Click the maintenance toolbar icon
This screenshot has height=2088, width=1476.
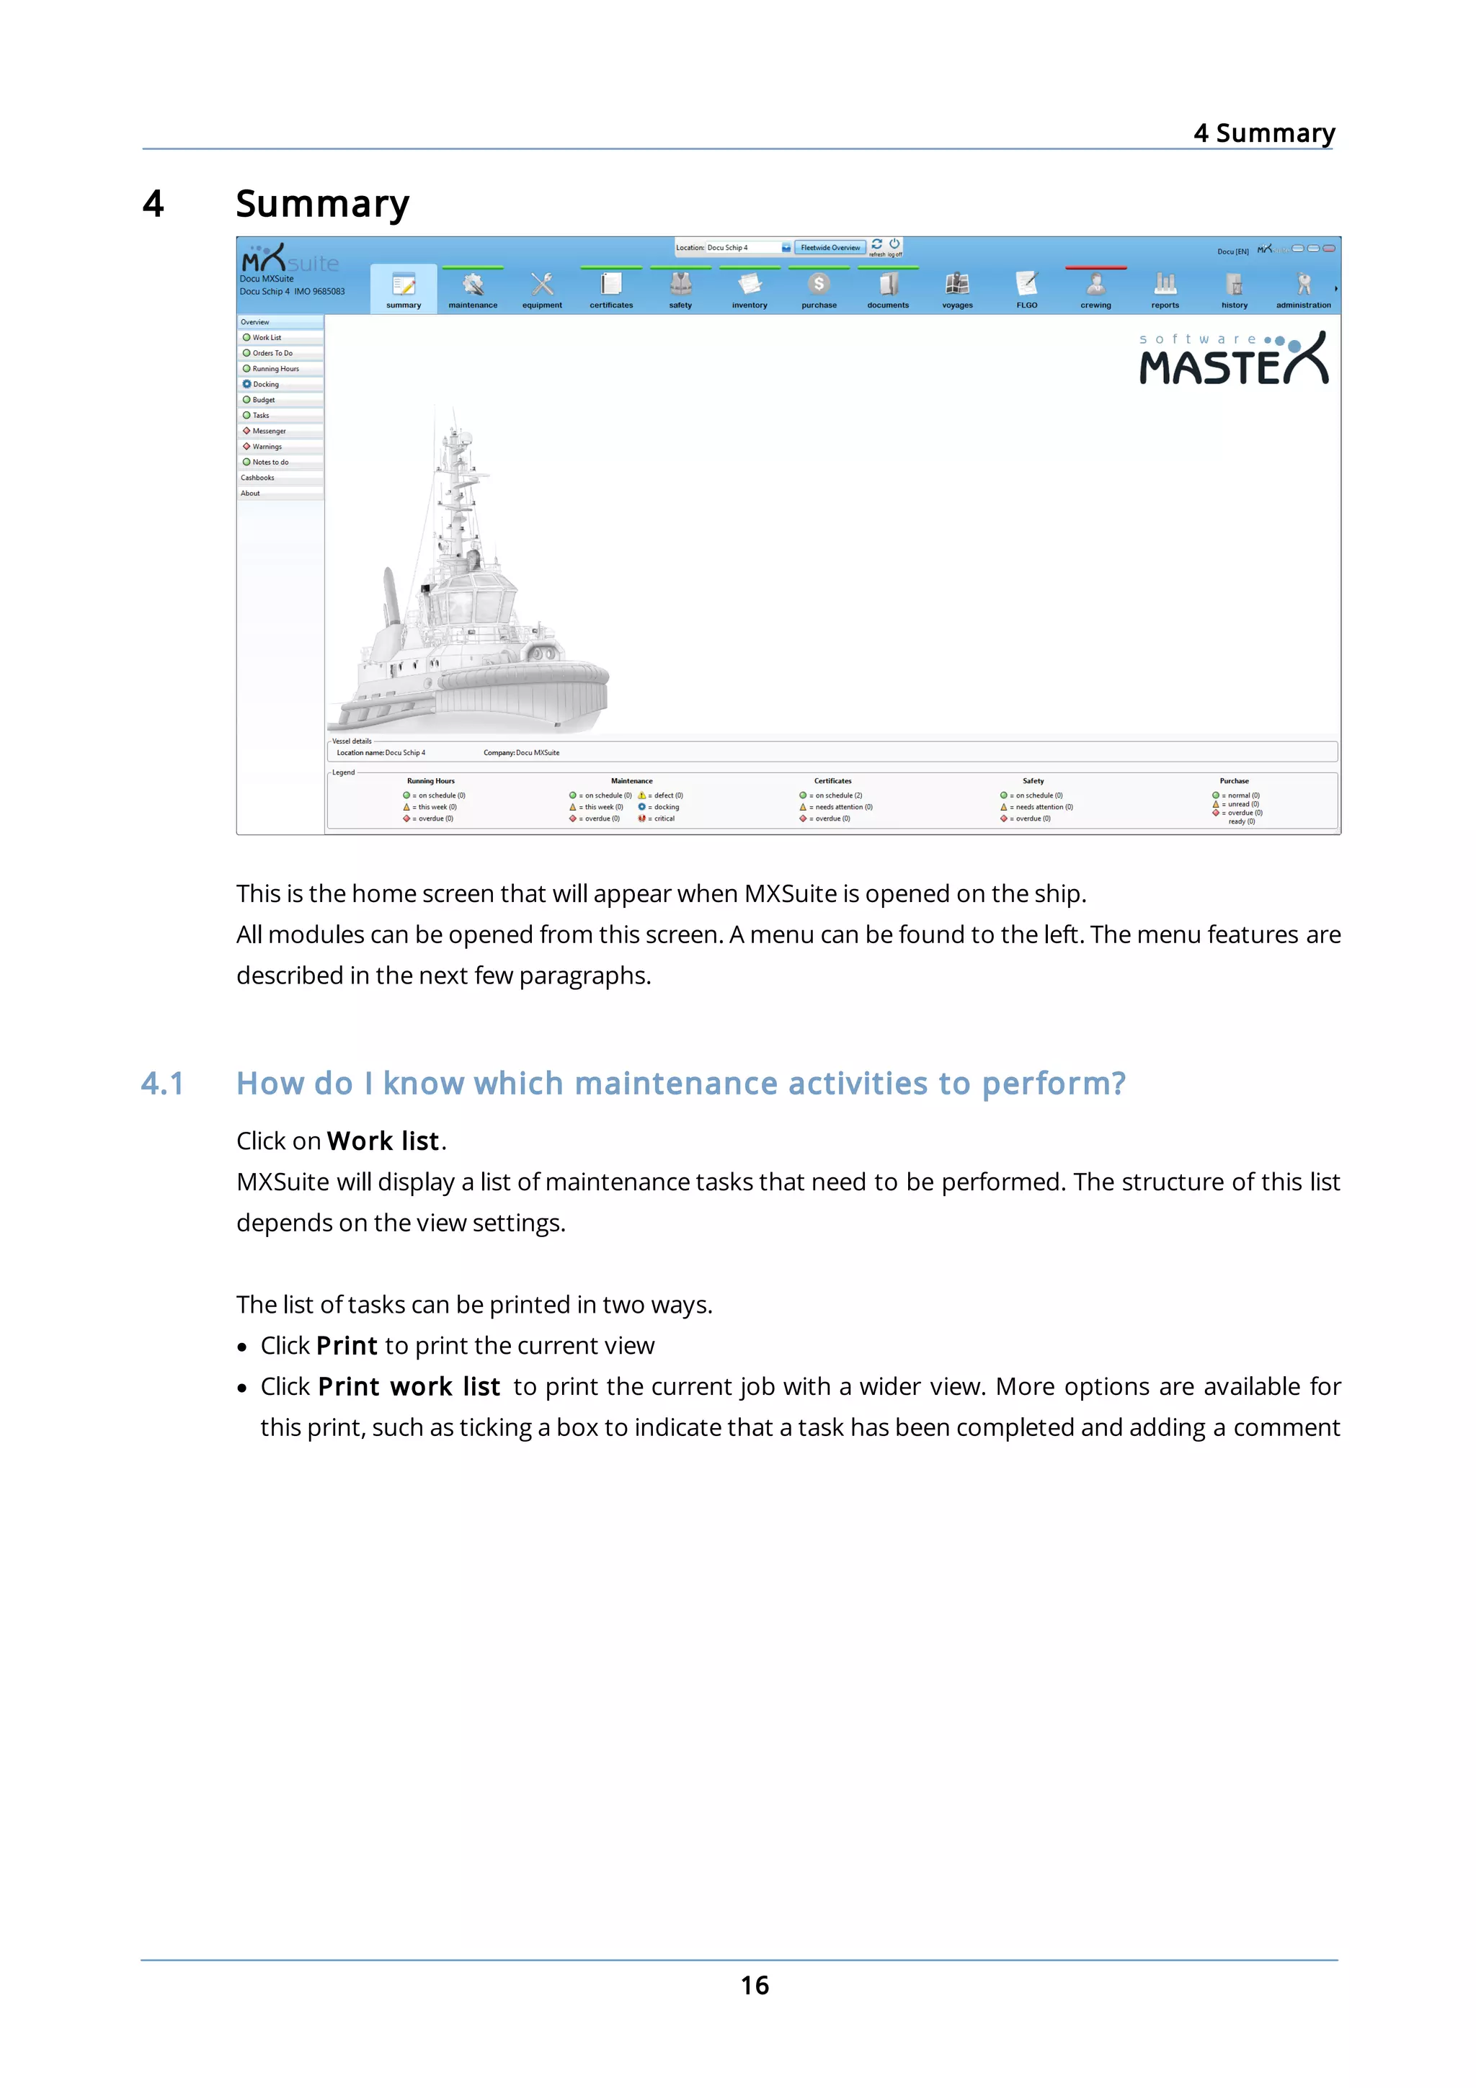(x=472, y=285)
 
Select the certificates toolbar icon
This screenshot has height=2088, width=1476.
(x=611, y=285)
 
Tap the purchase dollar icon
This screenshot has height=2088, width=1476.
(x=819, y=285)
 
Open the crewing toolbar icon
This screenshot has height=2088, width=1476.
(x=1096, y=285)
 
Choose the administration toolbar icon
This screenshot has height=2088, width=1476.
(x=1303, y=285)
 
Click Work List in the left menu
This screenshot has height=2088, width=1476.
(x=267, y=337)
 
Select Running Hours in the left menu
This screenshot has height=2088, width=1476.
(x=275, y=368)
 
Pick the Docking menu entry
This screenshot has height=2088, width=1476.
(x=265, y=384)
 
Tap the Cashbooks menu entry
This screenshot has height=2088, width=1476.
(x=257, y=478)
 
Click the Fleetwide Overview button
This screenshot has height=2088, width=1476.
(x=830, y=247)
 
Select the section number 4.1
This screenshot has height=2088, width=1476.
(x=163, y=1083)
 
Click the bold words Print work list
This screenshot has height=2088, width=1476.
(x=409, y=1386)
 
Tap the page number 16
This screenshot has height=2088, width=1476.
(x=754, y=1984)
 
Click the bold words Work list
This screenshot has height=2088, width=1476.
(x=383, y=1141)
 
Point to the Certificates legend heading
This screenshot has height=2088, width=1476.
(x=832, y=780)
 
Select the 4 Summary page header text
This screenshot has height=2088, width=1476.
(x=1263, y=133)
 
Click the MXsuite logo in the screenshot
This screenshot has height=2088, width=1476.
(x=289, y=259)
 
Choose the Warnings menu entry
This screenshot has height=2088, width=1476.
(x=267, y=447)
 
